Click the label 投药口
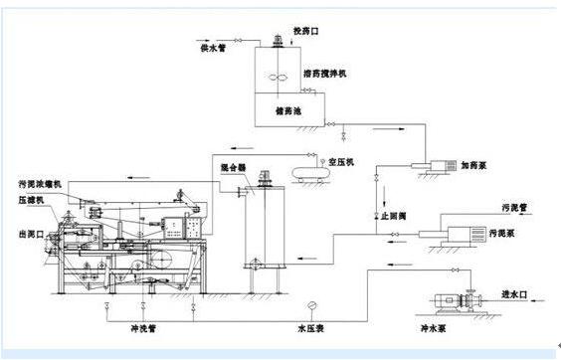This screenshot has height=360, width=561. (x=304, y=31)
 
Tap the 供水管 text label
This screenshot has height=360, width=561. (x=216, y=49)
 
